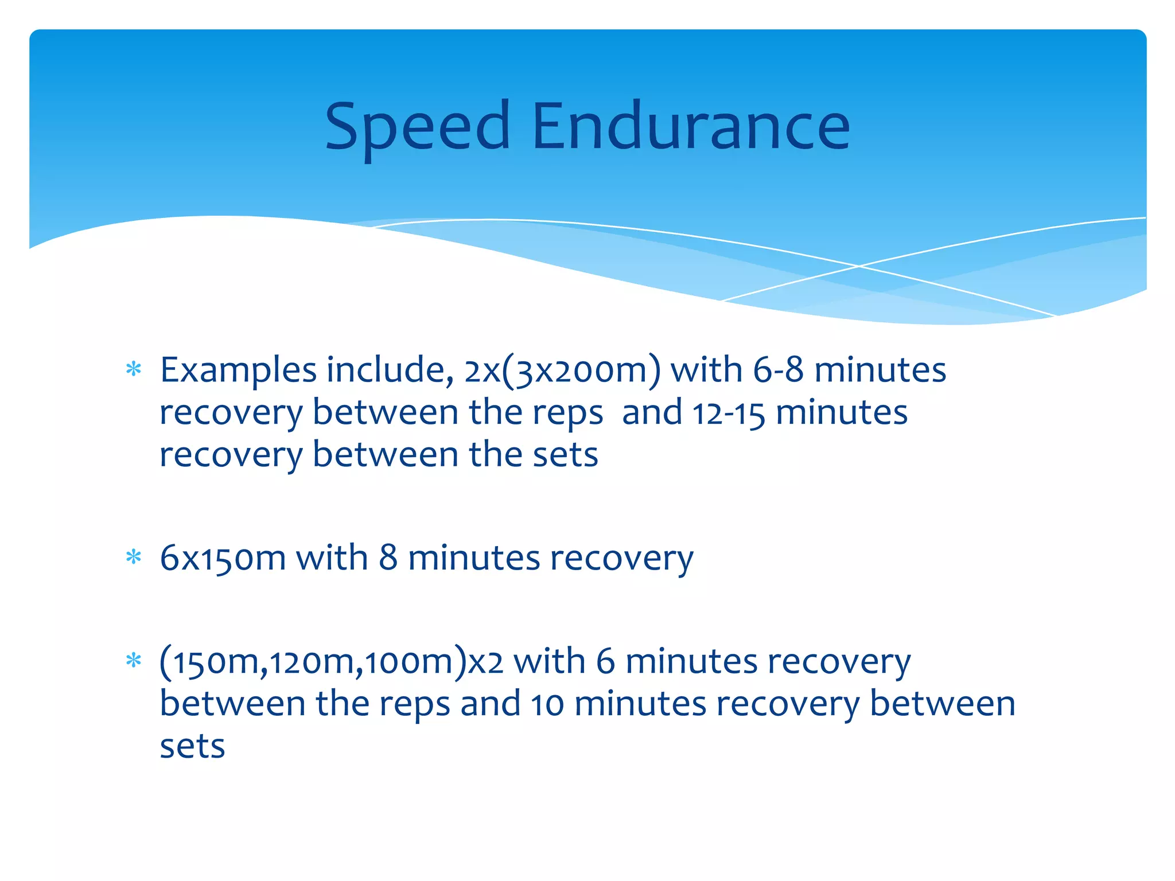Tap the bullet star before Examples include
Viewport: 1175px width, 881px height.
[x=134, y=369]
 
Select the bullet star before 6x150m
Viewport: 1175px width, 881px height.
[x=134, y=557]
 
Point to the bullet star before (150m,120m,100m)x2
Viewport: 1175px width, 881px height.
[x=134, y=661]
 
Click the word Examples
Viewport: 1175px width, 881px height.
[x=238, y=370]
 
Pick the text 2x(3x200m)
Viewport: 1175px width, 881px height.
[x=562, y=370]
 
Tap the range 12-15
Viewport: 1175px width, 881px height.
[x=729, y=412]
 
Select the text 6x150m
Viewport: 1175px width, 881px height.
[x=223, y=558]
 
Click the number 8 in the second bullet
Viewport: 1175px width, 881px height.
[x=388, y=558]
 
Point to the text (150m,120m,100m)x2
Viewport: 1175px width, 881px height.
[x=332, y=661]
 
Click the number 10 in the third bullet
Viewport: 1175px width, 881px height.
[x=547, y=704]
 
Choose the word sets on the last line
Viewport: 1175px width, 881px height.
[x=192, y=747]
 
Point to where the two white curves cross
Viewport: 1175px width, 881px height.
[x=859, y=266]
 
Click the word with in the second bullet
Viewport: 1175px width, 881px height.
[x=332, y=558]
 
